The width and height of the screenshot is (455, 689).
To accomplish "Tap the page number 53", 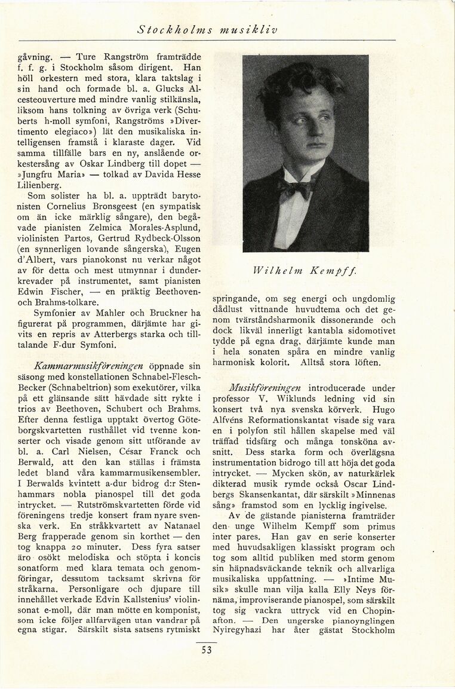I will point(207,650).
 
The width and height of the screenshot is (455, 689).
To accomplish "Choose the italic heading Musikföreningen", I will point(266,388).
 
